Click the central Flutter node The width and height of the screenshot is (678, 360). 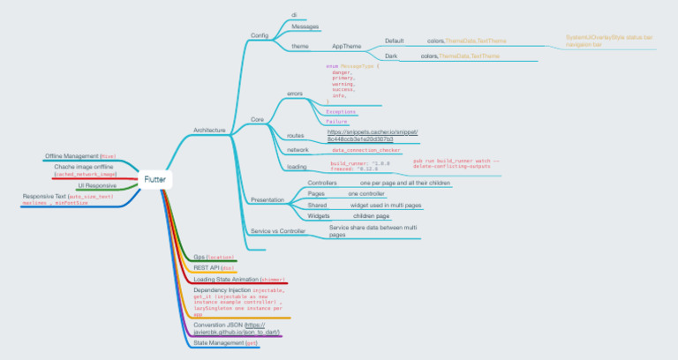click(155, 180)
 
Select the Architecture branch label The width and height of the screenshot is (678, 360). click(209, 130)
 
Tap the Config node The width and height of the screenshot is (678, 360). click(260, 35)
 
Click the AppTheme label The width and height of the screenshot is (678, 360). click(346, 46)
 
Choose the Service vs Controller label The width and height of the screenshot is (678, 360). click(278, 230)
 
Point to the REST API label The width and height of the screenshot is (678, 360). click(213, 266)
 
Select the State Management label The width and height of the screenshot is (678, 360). click(225, 342)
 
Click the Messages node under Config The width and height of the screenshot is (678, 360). click(305, 27)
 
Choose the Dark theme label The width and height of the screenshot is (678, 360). click(391, 56)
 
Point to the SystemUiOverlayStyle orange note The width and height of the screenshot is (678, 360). click(609, 40)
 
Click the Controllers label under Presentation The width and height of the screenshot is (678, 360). click(322, 183)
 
